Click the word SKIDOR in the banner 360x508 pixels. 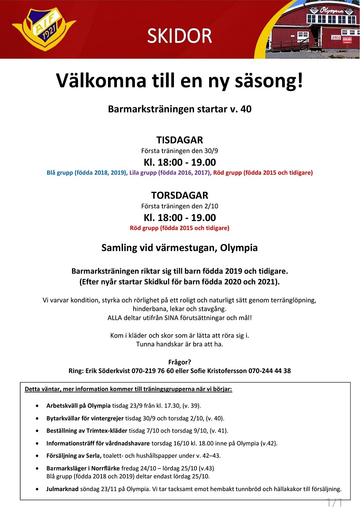(x=180, y=36)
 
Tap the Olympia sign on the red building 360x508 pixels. (x=331, y=10)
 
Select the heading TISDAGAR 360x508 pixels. (x=180, y=140)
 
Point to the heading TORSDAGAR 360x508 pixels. (x=180, y=195)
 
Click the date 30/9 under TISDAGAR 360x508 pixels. (x=211, y=151)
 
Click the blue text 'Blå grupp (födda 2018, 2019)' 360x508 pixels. (x=87, y=173)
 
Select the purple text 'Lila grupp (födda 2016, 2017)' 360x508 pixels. (x=170, y=173)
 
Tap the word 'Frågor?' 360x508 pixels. (x=180, y=362)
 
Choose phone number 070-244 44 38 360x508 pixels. (x=270, y=371)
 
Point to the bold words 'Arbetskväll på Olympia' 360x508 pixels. (x=78, y=406)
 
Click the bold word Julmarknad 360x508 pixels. (x=62, y=489)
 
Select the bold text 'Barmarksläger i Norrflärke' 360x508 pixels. (x=83, y=468)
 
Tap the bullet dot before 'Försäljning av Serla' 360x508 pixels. (x=37, y=456)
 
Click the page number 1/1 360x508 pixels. (x=334, y=502)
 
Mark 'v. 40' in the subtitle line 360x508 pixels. (x=241, y=109)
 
